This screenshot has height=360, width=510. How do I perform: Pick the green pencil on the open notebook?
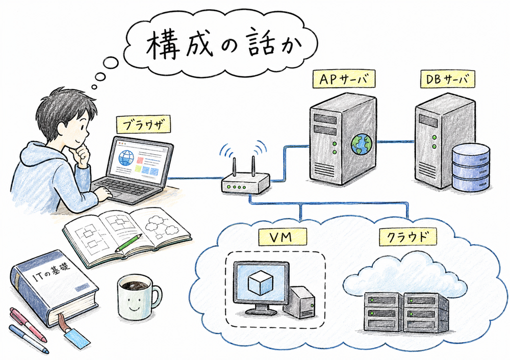coord(128,243)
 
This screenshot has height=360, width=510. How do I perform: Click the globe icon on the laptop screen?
coord(125,158)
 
